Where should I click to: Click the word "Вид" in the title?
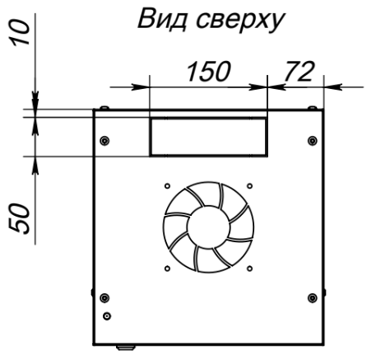[162, 19]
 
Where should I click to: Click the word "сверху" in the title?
[241, 21]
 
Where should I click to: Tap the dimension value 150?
[209, 72]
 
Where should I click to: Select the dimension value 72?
[299, 72]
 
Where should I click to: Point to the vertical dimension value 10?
[20, 32]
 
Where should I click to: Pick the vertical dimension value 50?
[19, 219]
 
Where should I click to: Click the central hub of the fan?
[208, 227]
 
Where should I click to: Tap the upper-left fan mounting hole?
[167, 186]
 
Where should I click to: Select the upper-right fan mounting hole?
[249, 186]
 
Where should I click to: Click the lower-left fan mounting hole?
[167, 269]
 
